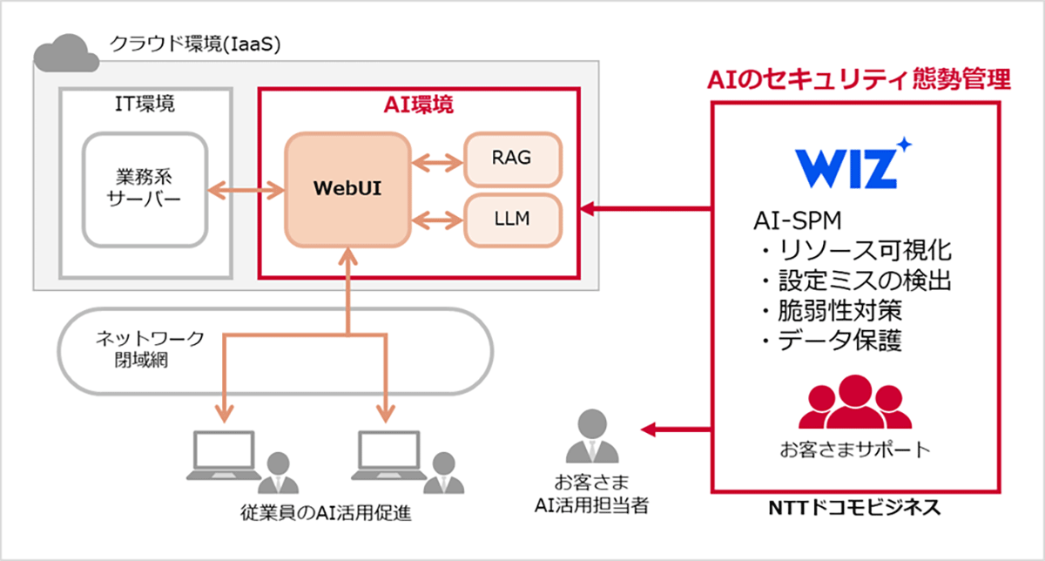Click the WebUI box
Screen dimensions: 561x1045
coord(347,188)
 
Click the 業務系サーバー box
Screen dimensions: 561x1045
coord(145,188)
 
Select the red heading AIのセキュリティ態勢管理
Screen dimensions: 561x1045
coord(857,80)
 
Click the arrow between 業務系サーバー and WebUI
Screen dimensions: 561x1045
coord(247,188)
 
